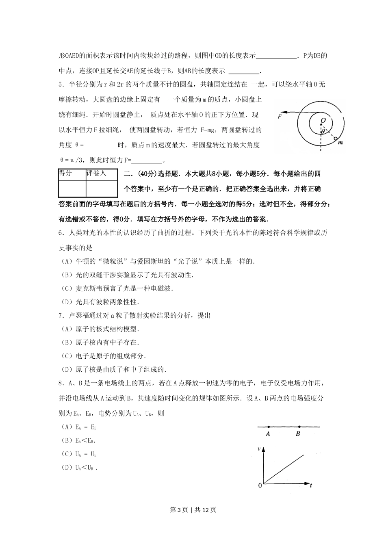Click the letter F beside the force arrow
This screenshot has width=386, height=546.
[280, 117]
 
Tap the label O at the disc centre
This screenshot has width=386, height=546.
[323, 121]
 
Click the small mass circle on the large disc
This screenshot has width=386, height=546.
[336, 139]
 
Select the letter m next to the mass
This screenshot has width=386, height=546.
[340, 143]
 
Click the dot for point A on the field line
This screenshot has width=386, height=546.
[269, 427]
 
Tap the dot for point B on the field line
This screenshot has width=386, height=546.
[299, 427]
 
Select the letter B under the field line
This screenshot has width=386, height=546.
[298, 434]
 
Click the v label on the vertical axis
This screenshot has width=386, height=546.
[259, 449]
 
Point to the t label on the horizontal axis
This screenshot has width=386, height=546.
[310, 485]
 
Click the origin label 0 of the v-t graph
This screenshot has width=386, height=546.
[260, 485]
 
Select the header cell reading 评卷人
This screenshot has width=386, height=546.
[96, 173]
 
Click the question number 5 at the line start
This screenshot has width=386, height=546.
[61, 84]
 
